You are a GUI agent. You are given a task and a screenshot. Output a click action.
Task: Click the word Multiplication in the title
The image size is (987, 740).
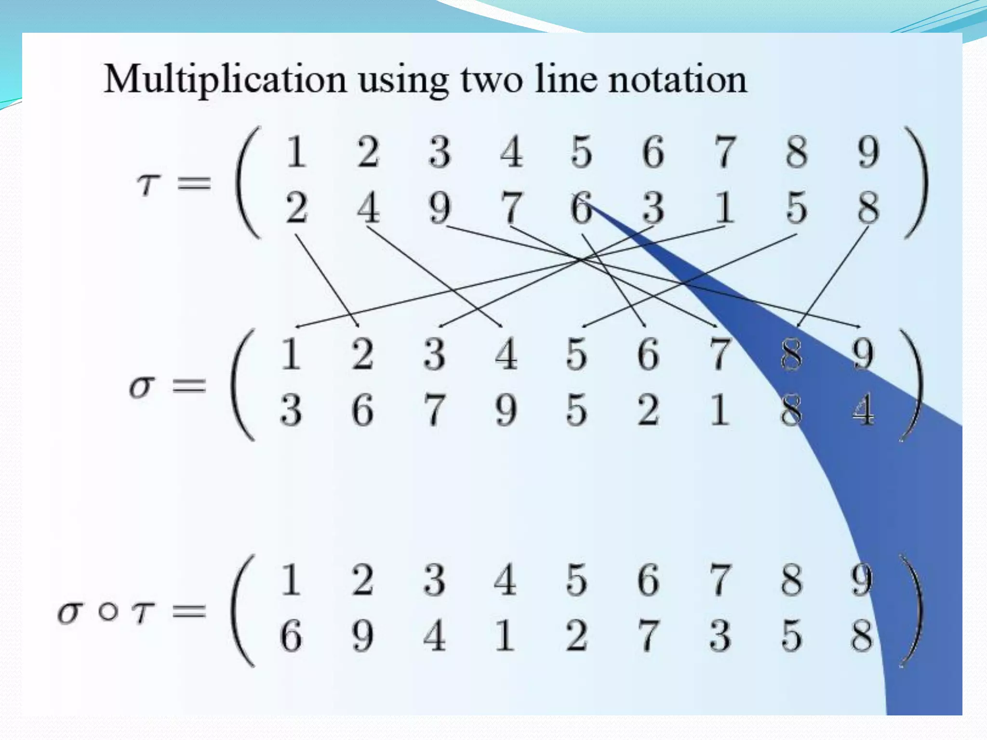(x=225, y=80)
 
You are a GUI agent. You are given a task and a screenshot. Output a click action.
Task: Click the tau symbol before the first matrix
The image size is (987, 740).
(x=148, y=184)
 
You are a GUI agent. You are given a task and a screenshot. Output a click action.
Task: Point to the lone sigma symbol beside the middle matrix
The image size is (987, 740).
(x=142, y=386)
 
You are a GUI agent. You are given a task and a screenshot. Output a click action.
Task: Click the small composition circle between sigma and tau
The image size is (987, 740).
(x=108, y=612)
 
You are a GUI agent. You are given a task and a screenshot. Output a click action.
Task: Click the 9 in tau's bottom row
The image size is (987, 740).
(x=440, y=208)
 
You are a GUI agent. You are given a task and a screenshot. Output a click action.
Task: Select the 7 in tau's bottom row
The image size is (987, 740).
(x=511, y=208)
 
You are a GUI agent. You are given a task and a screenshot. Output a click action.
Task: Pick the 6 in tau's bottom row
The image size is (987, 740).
(x=581, y=208)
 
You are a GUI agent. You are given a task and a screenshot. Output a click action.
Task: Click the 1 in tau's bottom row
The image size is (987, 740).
(x=724, y=208)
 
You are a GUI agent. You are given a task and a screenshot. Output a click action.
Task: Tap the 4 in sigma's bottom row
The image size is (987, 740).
(x=863, y=410)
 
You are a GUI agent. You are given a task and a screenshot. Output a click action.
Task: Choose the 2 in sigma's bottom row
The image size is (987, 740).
(x=648, y=410)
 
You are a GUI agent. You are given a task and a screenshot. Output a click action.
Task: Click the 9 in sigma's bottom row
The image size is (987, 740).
(x=506, y=410)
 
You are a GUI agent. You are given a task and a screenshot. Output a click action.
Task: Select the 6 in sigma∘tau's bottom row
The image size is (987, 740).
(x=291, y=636)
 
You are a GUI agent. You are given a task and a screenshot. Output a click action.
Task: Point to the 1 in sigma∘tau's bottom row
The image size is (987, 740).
(x=505, y=636)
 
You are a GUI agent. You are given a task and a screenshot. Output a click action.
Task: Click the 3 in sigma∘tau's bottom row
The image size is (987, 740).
(x=720, y=636)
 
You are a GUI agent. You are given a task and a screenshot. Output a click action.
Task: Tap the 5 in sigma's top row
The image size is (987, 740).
(x=576, y=354)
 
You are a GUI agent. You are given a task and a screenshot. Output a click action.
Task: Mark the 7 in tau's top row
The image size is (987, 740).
(x=724, y=152)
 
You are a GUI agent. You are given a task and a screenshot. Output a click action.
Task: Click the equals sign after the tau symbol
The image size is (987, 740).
(x=194, y=184)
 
